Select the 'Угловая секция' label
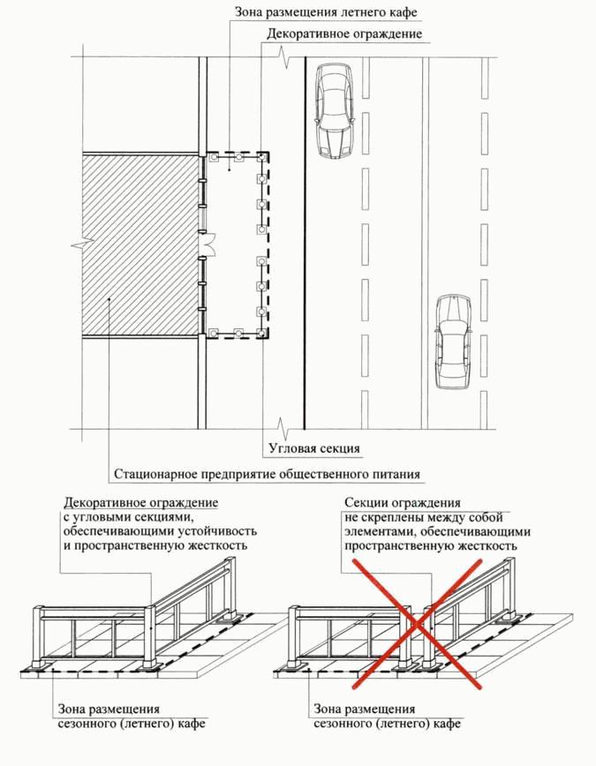(x=313, y=448)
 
